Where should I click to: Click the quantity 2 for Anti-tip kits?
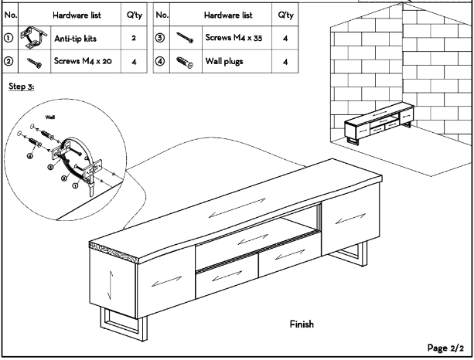pyautogui.click(x=135, y=36)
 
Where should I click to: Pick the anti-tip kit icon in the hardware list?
pyautogui.click(x=30, y=36)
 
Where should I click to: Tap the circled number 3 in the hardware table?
pyautogui.click(x=159, y=36)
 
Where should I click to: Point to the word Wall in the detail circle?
pyautogui.click(x=50, y=118)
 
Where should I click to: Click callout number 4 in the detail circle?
pyautogui.click(x=30, y=157)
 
